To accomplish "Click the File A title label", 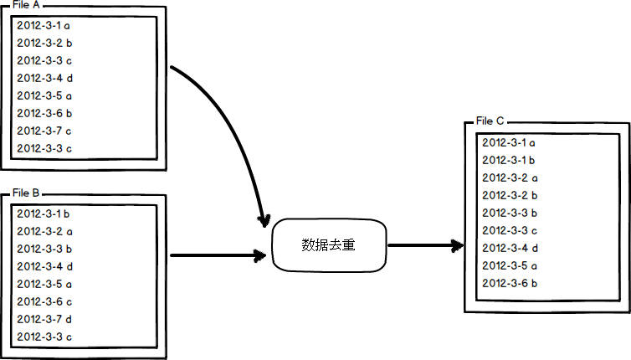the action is tap(26, 5).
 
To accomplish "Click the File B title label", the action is tap(26, 193).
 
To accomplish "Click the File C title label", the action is tap(490, 121).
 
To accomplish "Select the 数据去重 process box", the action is tap(329, 244).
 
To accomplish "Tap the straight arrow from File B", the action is tap(218, 255).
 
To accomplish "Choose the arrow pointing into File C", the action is tap(425, 245).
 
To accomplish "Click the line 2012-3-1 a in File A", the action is tap(44, 26).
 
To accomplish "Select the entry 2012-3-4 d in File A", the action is tap(44, 78).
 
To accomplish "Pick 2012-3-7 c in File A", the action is tap(44, 131).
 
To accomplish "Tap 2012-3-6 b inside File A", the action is tap(44, 113).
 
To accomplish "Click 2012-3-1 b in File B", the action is tap(43, 213).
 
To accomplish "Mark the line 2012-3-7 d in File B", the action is tap(44, 319).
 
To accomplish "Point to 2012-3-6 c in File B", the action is tap(44, 301).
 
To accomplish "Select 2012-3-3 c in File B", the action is tap(44, 337).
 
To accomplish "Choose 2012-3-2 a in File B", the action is tap(44, 232).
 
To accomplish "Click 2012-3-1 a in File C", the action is tap(509, 142).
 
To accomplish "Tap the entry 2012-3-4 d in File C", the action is tap(510, 248).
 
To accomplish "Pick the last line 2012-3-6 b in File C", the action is tap(510, 283).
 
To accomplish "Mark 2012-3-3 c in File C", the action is tap(510, 230).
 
